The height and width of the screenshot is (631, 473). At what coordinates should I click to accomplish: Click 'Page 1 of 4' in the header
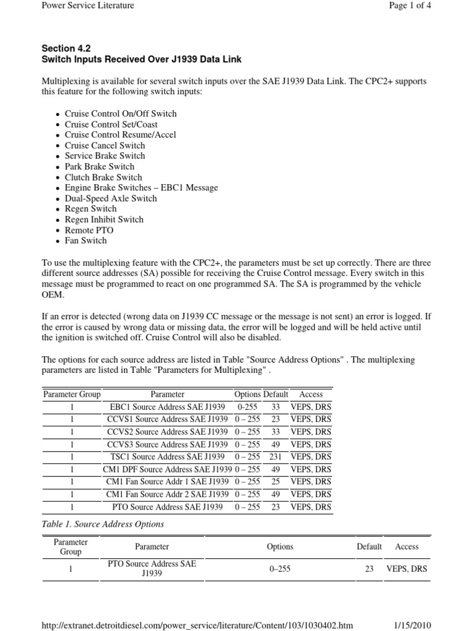[x=405, y=6]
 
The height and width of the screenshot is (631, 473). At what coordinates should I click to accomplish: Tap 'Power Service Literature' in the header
[x=87, y=6]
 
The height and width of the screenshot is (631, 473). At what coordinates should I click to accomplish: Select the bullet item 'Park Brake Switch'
[x=99, y=166]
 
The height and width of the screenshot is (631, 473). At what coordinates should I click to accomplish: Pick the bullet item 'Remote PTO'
[x=89, y=230]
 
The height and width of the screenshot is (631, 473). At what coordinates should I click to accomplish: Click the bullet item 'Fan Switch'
[x=86, y=240]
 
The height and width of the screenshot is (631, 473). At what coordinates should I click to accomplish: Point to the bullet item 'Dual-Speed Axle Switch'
[x=111, y=198]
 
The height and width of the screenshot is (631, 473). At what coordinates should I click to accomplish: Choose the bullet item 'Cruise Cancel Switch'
[x=105, y=145]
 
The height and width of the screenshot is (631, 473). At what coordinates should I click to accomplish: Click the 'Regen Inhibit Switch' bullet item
[x=104, y=219]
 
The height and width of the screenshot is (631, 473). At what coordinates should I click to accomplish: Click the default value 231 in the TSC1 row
[x=275, y=457]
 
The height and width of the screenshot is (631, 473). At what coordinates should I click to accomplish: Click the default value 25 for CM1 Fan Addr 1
[x=275, y=482]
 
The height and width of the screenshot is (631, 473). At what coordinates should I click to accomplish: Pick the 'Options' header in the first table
[x=248, y=394]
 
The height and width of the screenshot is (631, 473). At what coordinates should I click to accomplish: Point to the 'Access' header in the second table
[x=406, y=547]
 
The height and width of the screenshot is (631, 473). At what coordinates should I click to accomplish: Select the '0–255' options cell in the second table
[x=280, y=569]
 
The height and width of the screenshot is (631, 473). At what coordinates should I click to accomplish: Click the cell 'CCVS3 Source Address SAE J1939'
[x=168, y=444]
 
